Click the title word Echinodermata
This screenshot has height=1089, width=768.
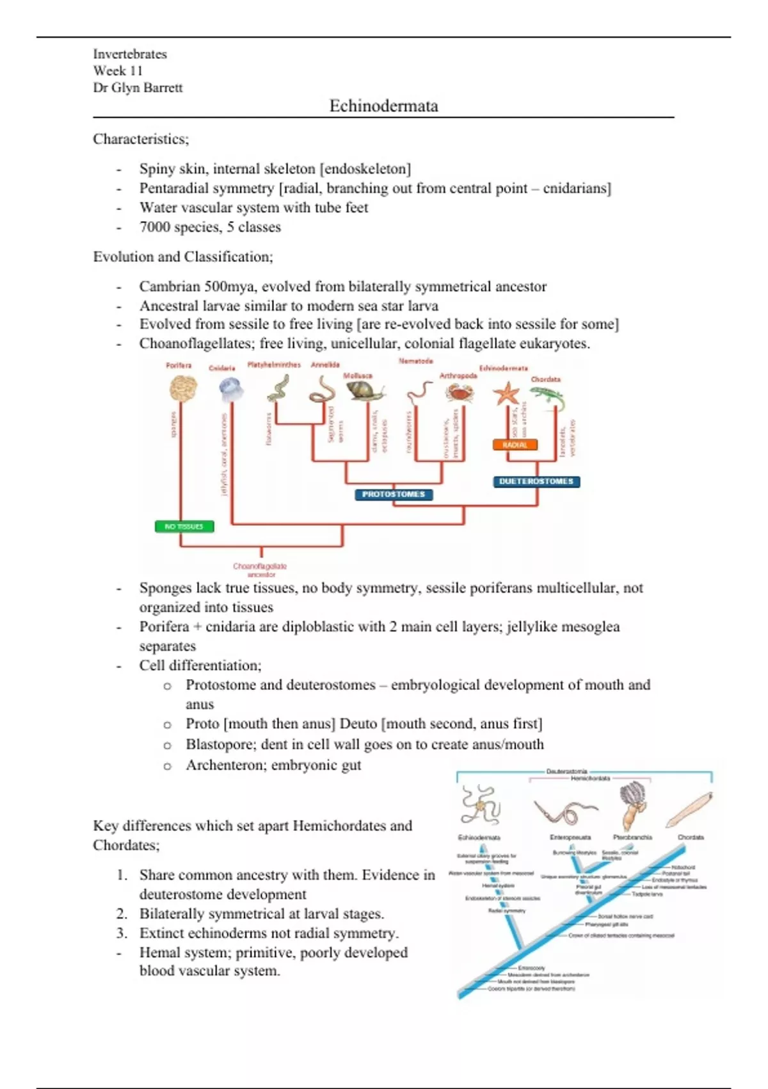tap(383, 106)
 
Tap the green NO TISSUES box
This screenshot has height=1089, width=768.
tap(184, 527)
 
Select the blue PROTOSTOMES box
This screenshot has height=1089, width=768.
tap(394, 495)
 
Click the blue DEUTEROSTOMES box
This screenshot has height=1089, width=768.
tap(536, 482)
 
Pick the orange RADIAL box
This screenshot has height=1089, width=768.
tap(515, 445)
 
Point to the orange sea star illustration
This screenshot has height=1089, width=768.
tap(506, 393)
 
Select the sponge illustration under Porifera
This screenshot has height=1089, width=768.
tap(182, 388)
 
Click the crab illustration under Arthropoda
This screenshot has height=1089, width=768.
tap(459, 392)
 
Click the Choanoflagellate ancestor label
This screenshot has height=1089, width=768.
tap(260, 569)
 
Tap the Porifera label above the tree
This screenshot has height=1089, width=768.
tap(179, 365)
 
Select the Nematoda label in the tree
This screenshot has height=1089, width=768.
tap(415, 361)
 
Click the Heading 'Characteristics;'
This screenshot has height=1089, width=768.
tap(141, 139)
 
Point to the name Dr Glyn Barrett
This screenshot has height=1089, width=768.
tap(138, 88)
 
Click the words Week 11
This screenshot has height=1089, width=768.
tap(118, 71)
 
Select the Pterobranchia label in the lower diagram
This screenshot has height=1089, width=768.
tap(632, 837)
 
